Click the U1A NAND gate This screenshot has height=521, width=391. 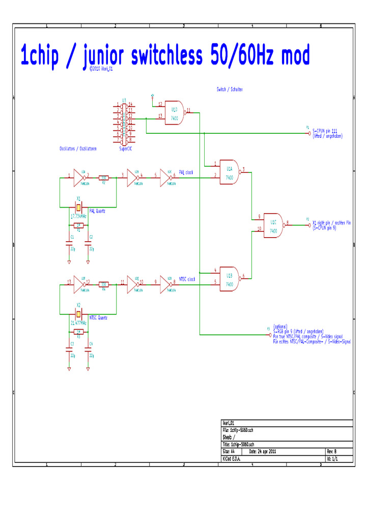pos(230,173)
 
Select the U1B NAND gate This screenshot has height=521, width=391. pos(230,279)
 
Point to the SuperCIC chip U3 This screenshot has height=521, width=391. pos(124,123)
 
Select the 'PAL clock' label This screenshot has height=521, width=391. pos(186,172)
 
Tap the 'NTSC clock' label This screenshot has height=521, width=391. pos(187,279)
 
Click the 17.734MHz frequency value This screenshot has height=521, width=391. pos(79,216)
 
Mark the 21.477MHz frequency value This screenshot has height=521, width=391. pos(79,322)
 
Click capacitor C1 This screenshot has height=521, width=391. pos(69,244)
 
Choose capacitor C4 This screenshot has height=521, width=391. pos(88,350)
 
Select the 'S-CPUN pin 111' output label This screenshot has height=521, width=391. pos(324,130)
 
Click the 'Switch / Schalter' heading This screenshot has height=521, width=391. pos(230,89)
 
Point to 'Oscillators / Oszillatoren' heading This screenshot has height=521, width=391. pos(78,149)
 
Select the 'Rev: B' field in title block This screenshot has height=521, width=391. pos(331,451)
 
